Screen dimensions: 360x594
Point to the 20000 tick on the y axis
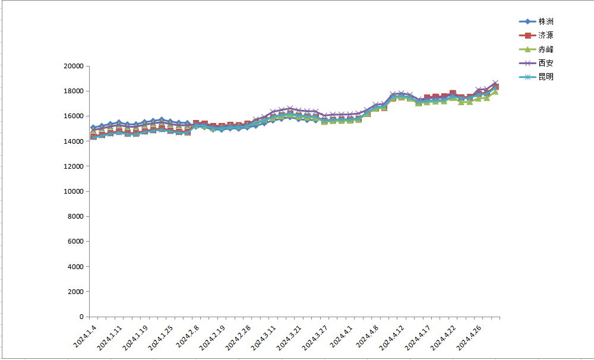click(73, 67)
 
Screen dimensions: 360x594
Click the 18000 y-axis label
click(73, 91)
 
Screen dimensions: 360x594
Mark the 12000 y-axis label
click(73, 167)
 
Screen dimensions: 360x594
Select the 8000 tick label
click(75, 217)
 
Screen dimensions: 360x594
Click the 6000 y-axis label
click(75, 242)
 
